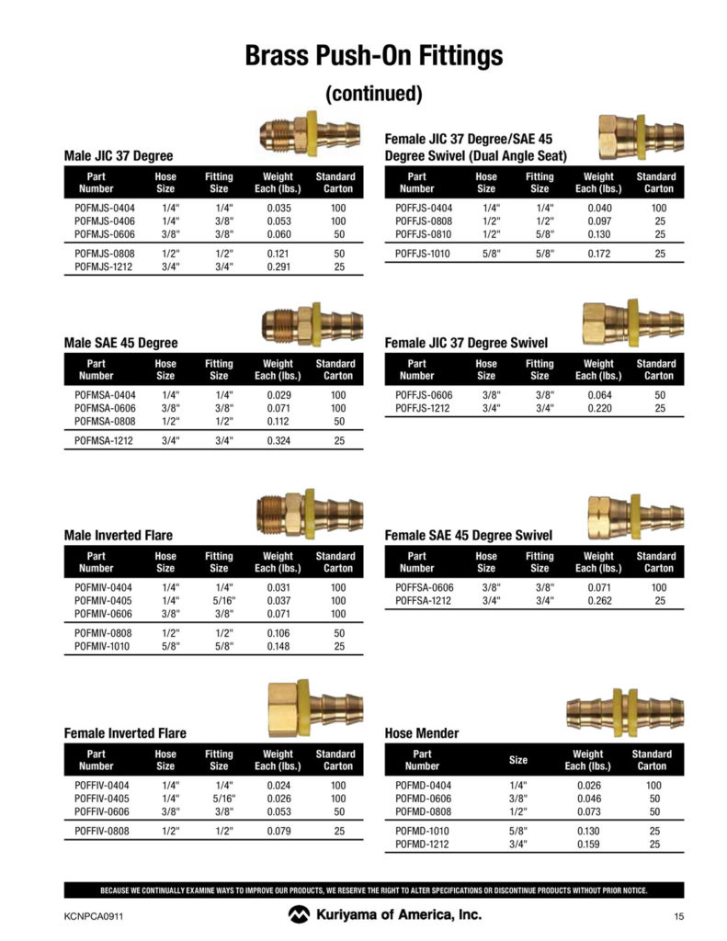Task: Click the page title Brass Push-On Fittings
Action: pyautogui.click(x=373, y=55)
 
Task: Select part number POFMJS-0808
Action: pyautogui.click(x=103, y=253)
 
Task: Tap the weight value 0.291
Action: pyautogui.click(x=278, y=266)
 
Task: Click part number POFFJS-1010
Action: pyautogui.click(x=423, y=254)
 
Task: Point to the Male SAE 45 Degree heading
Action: pyautogui.click(x=120, y=343)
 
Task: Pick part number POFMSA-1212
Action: pyautogui.click(x=103, y=441)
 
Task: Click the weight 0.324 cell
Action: pyautogui.click(x=278, y=441)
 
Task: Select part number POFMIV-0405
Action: pyautogui.click(x=103, y=600)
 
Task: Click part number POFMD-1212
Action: pyautogui.click(x=422, y=844)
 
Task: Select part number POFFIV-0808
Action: pyautogui.click(x=103, y=832)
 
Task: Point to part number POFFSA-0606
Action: pyautogui.click(x=424, y=587)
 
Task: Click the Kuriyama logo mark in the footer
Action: pyautogui.click(x=299, y=914)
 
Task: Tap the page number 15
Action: pyautogui.click(x=678, y=915)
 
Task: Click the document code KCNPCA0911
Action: pyautogui.click(x=94, y=915)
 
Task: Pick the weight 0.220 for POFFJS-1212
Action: pyautogui.click(x=598, y=408)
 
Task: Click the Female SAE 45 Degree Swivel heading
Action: pyautogui.click(x=468, y=535)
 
